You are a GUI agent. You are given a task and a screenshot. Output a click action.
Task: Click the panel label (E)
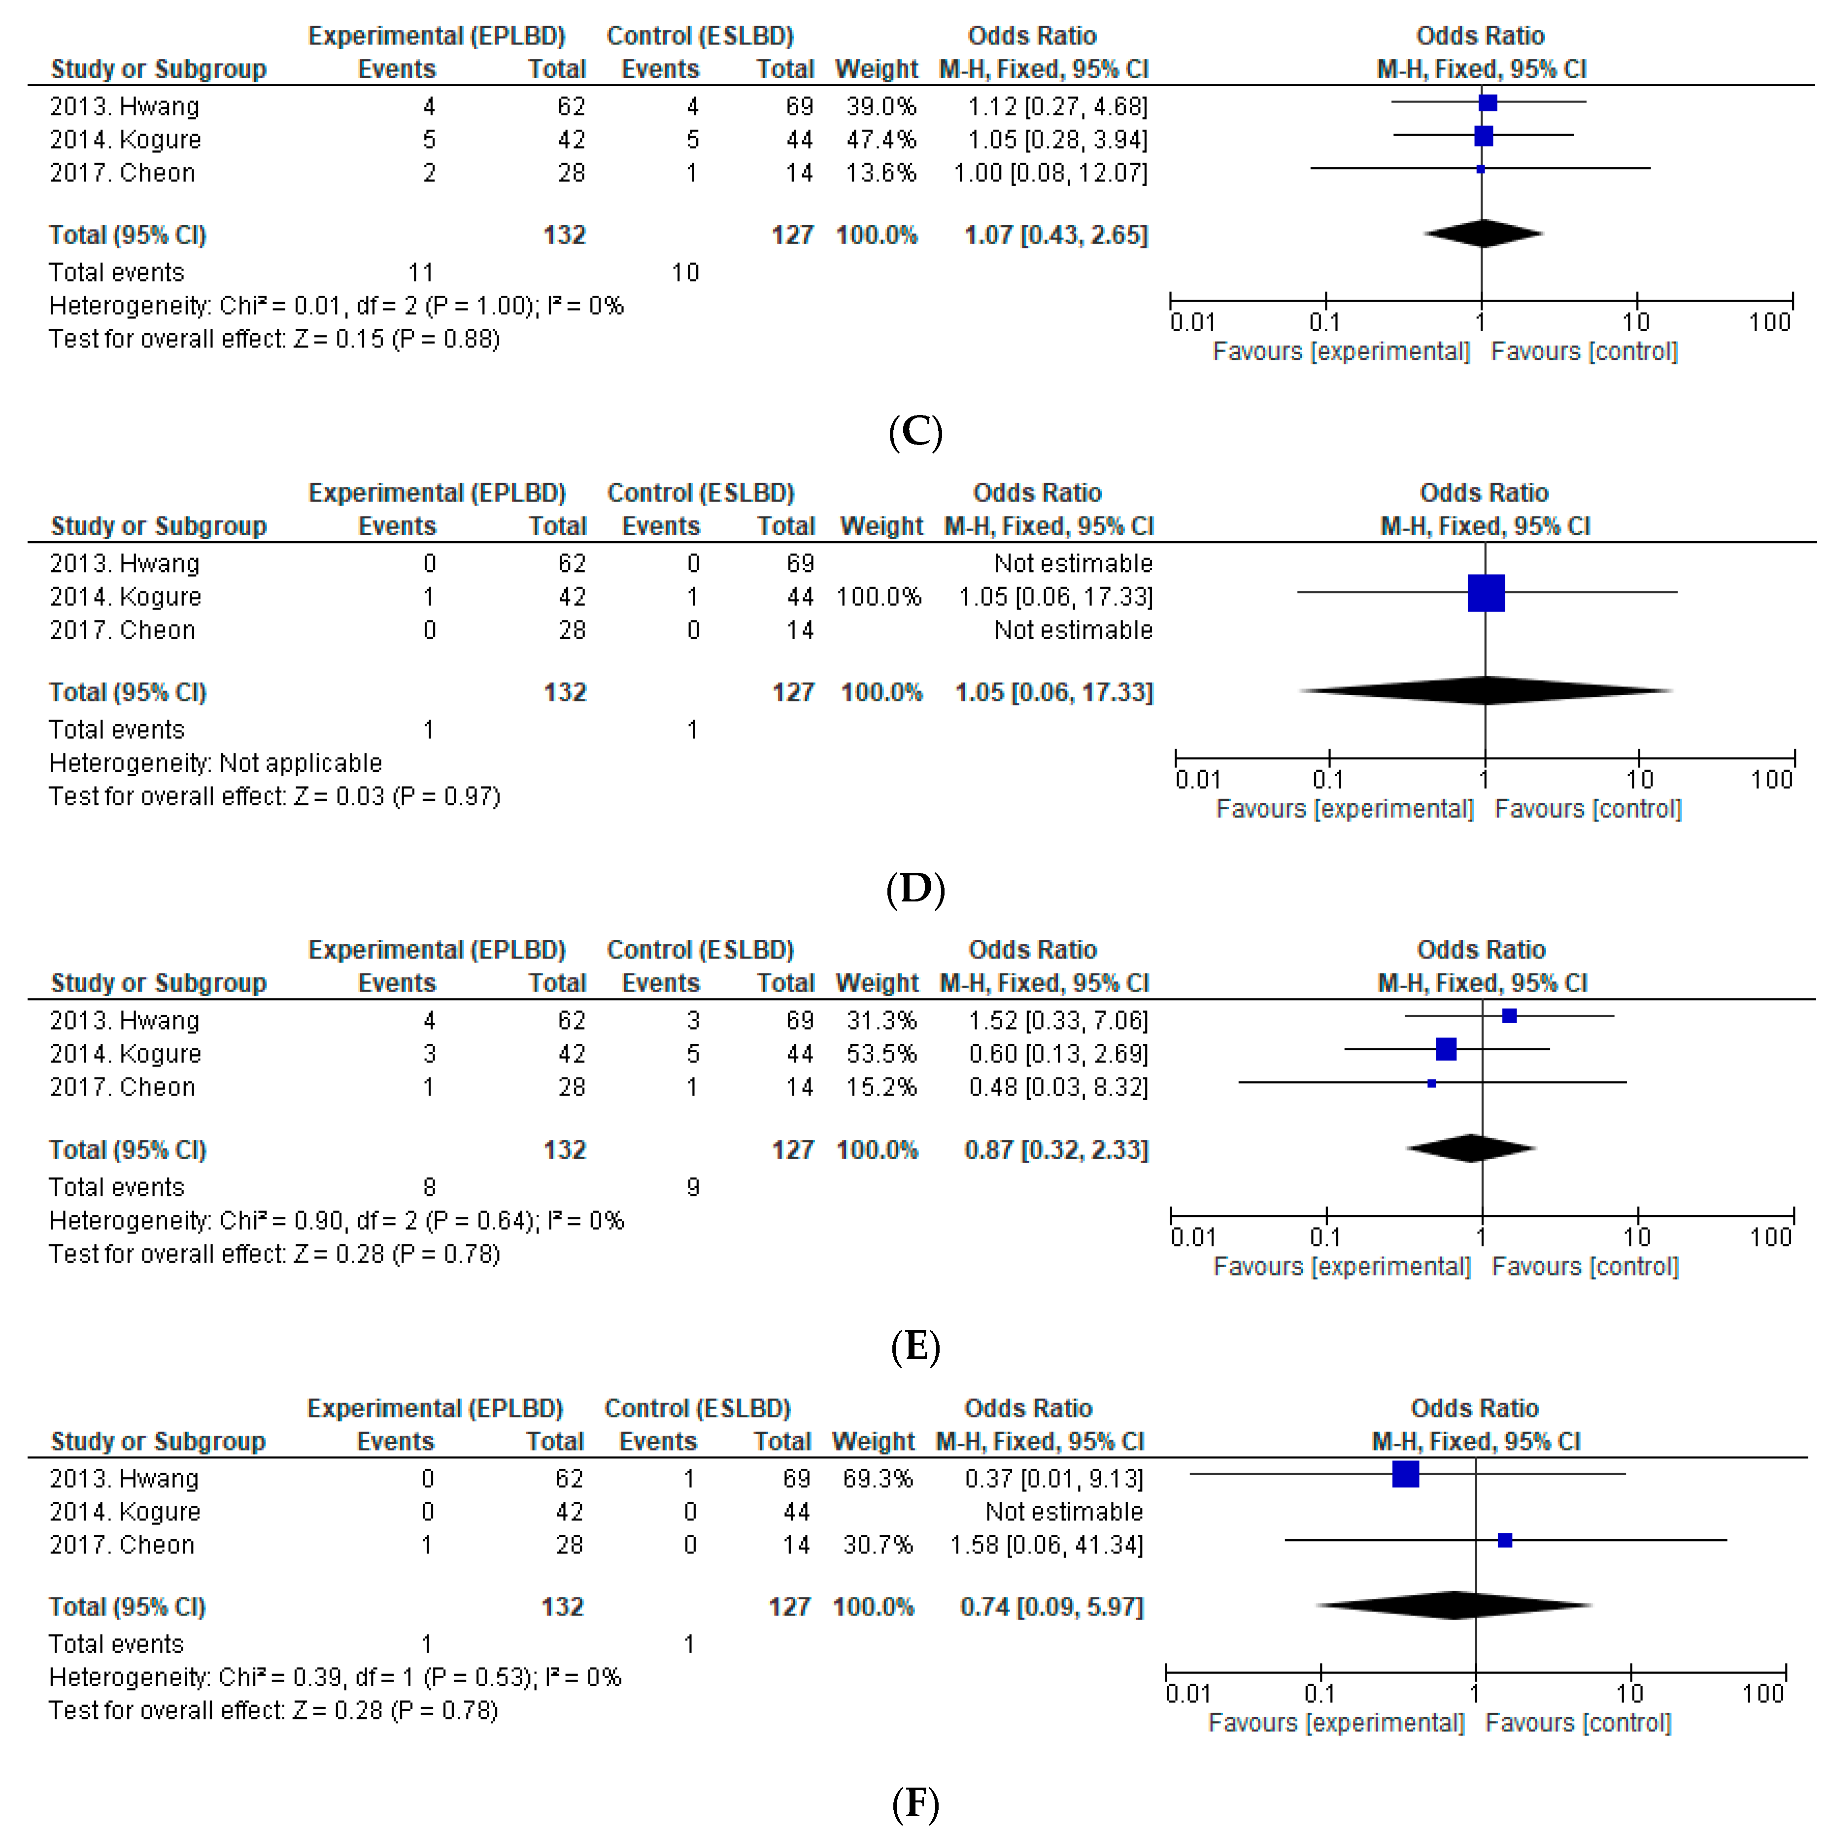(915, 1345)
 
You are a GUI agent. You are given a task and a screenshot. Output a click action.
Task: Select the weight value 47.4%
(881, 140)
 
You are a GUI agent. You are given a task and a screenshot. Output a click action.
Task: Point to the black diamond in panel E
(1471, 1148)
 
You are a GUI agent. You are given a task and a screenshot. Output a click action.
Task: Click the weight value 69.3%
(877, 1479)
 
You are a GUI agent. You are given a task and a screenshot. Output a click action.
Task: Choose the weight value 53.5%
(881, 1054)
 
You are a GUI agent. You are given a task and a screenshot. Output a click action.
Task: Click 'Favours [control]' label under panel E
(1585, 1267)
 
